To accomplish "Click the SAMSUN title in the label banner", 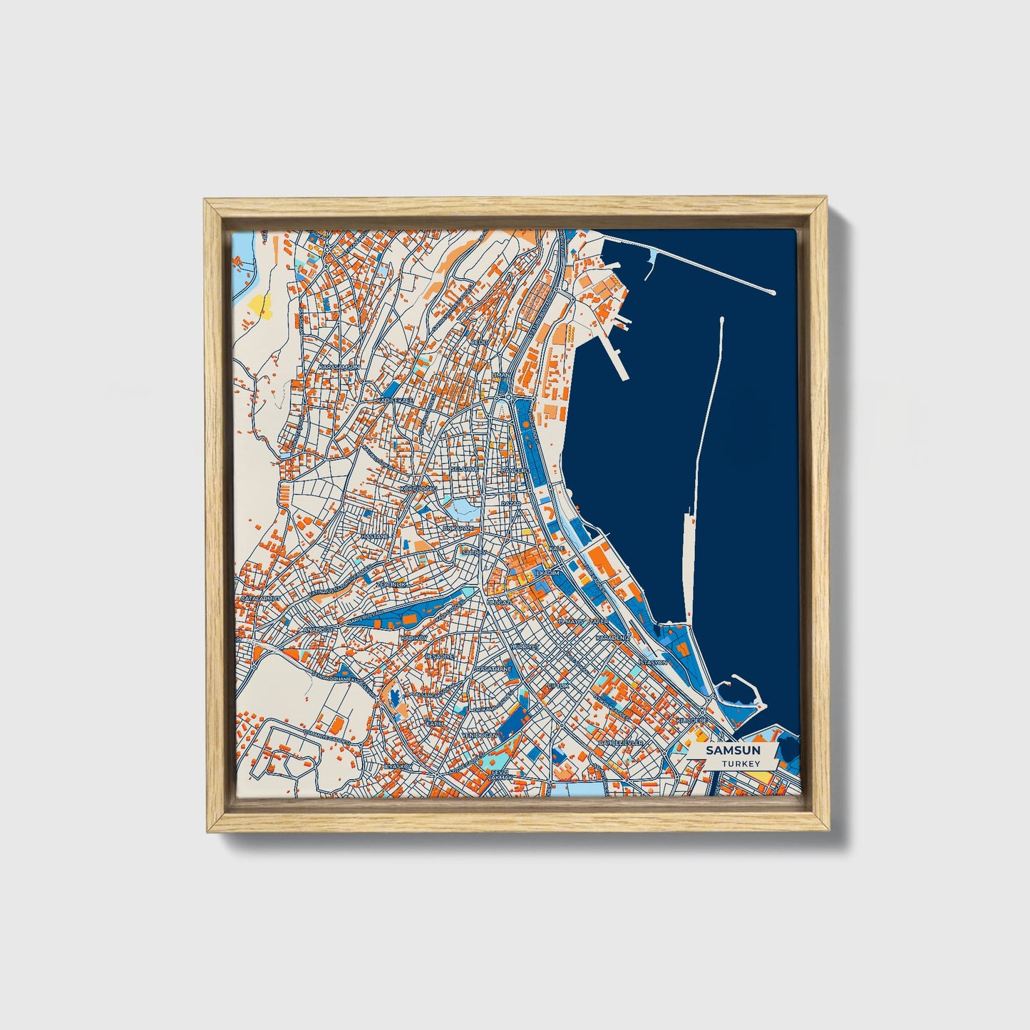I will pyautogui.click(x=732, y=751).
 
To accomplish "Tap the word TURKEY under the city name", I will pyautogui.click(x=741, y=763).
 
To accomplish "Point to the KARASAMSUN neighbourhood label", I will pyautogui.click(x=339, y=366).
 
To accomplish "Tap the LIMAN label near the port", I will pyautogui.click(x=500, y=375).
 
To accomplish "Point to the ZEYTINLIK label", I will pyautogui.click(x=391, y=584).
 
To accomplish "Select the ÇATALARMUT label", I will pyautogui.click(x=260, y=598).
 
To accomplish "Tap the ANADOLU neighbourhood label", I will pyautogui.click(x=319, y=630).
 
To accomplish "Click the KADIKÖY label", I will pyautogui.click(x=413, y=637).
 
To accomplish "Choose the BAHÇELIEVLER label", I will pyautogui.click(x=621, y=743).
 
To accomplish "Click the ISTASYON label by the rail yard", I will pyautogui.click(x=653, y=662).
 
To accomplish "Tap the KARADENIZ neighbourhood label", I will pyautogui.click(x=613, y=637).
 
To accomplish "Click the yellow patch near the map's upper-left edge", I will pyautogui.click(x=257, y=304).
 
